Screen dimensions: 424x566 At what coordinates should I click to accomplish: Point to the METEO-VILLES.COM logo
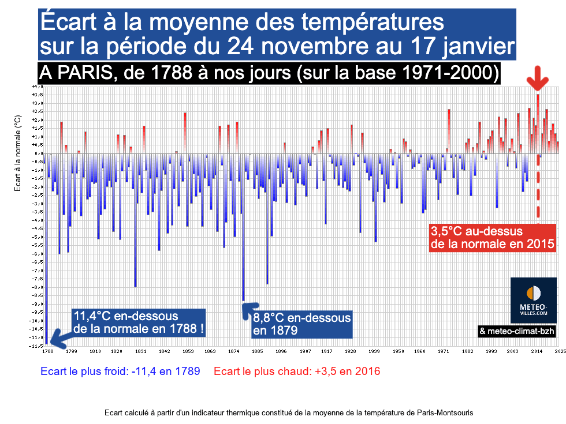coord(533,300)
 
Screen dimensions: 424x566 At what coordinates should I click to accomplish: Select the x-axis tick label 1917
coord(326,350)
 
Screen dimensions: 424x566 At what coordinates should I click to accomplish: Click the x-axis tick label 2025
coord(559,350)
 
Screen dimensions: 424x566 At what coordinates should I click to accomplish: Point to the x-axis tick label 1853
coord(188,350)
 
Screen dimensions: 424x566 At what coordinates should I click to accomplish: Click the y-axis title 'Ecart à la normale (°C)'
coord(18,153)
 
